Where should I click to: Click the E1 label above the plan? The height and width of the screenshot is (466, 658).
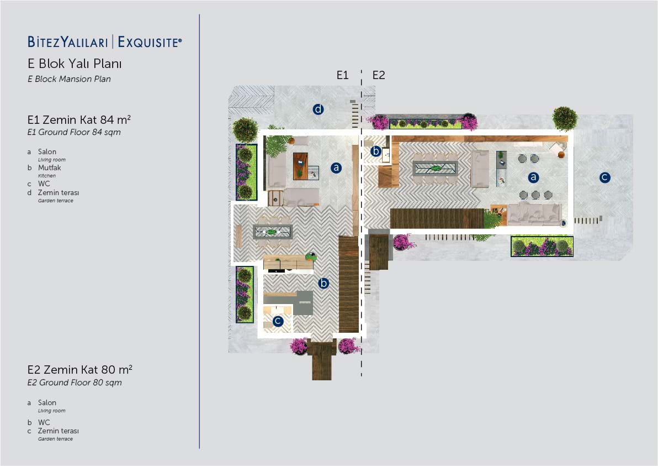342,75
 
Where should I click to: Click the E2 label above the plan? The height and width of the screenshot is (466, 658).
379,75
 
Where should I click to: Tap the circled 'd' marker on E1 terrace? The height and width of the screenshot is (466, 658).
318,109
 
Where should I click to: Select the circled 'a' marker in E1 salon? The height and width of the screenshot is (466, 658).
336,167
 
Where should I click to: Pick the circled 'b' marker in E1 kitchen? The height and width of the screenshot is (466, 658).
323,283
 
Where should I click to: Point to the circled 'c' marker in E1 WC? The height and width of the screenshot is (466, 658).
277,322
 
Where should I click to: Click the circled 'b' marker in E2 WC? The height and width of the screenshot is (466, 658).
375,151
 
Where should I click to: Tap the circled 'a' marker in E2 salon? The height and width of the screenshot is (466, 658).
533,177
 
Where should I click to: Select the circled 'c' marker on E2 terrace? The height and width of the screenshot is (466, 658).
604,177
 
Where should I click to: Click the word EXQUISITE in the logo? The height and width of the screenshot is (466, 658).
150,42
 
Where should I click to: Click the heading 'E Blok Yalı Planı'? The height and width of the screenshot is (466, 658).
75,64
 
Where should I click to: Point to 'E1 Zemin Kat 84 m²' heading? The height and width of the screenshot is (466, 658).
79,120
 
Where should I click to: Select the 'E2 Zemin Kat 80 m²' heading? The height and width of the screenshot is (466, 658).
79,370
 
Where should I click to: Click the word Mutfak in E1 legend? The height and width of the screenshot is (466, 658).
50,167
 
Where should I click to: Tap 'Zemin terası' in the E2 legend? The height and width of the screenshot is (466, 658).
59,431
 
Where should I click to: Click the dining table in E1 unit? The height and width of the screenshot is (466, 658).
272,232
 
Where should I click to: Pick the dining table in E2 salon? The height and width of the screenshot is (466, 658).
435,168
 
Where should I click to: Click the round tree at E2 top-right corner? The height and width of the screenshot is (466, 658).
565,118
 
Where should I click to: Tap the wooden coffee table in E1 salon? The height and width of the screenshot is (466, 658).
300,166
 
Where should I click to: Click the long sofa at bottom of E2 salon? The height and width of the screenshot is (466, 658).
534,214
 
